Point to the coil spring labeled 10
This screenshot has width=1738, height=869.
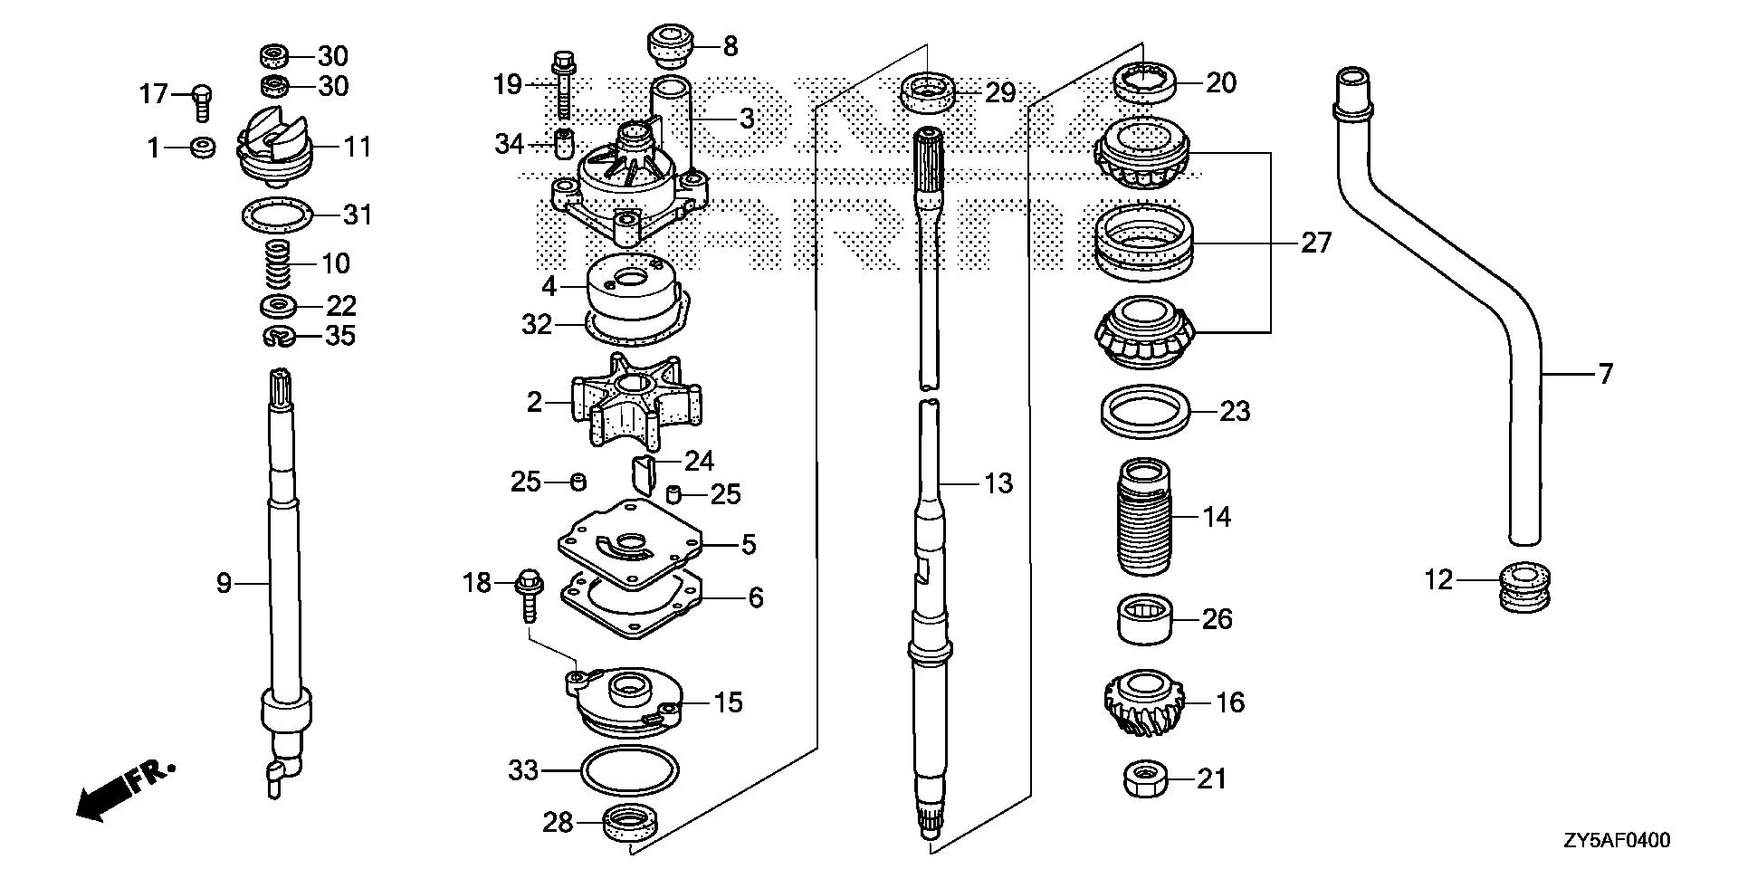coord(279,264)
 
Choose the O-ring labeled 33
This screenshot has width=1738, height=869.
coord(631,771)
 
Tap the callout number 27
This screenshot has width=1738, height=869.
coord(1316,243)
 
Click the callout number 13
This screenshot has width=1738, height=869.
coord(998,484)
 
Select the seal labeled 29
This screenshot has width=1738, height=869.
coord(928,93)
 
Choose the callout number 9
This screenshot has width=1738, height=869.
coord(224,584)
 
